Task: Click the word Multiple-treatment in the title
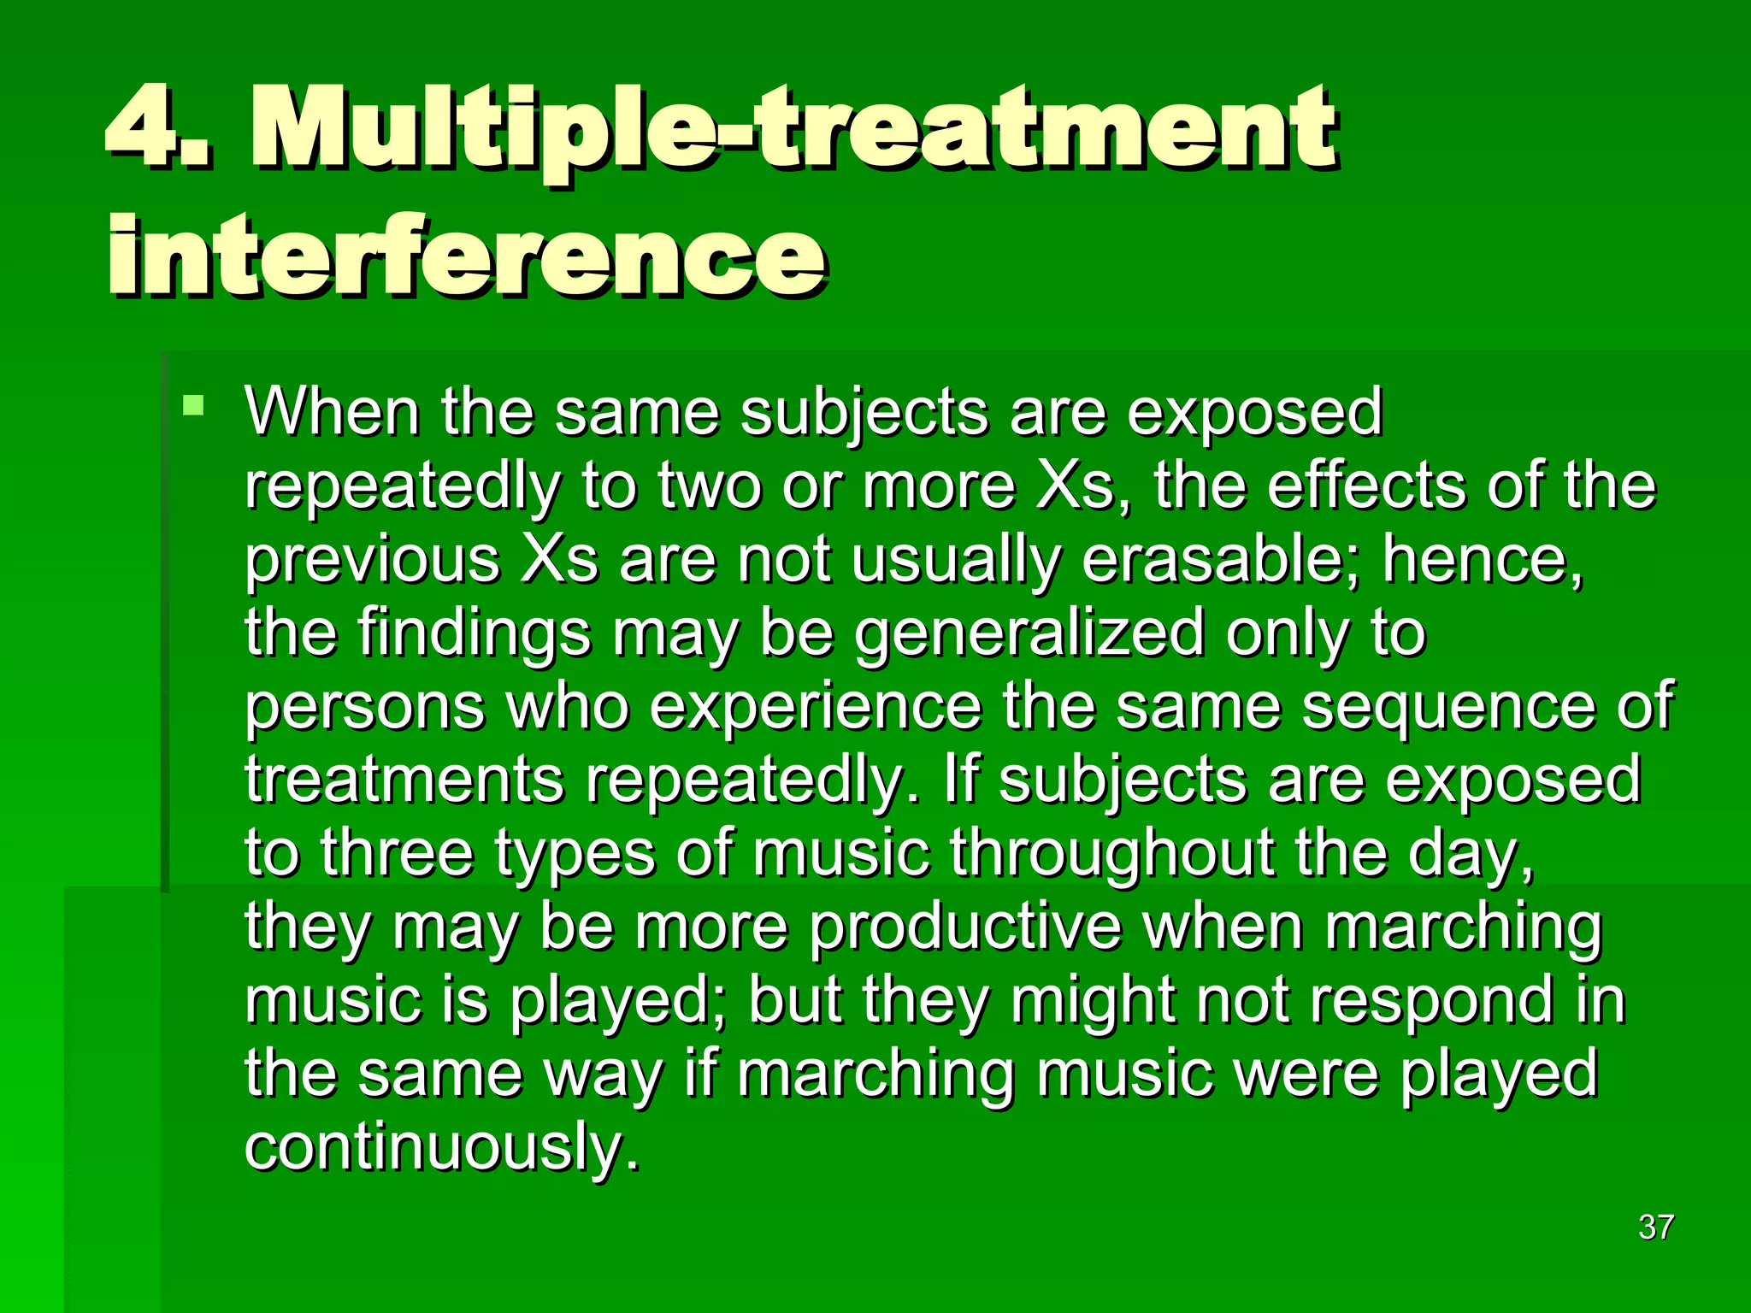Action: (x=793, y=130)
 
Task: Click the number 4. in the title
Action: (x=159, y=130)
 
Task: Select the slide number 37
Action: (x=1655, y=1227)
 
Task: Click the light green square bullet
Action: (x=194, y=404)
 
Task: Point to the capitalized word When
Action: (x=333, y=413)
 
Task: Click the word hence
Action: (x=1481, y=560)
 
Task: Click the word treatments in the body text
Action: (x=404, y=780)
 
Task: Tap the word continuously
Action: (x=441, y=1148)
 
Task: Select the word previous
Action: (x=372, y=560)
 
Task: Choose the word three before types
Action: (x=397, y=854)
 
